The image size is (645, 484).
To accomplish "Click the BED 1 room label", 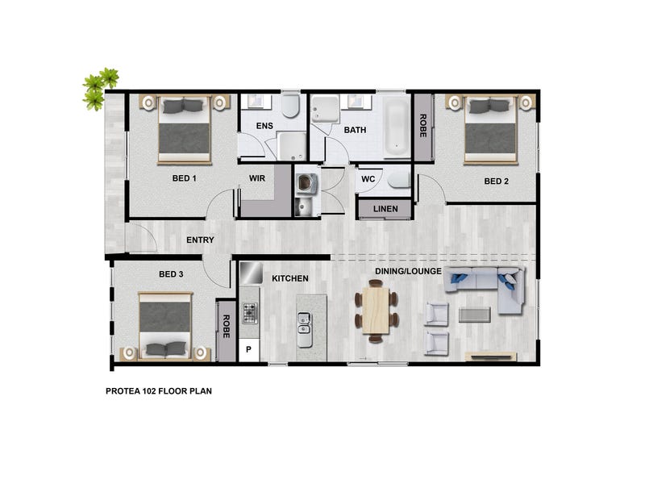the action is pos(185,178).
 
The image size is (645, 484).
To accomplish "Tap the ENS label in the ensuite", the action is pos(264,126).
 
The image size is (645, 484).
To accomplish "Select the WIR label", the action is pos(257,178).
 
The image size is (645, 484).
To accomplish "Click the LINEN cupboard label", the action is pos(385,209).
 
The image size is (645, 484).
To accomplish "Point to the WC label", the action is pos(368,179).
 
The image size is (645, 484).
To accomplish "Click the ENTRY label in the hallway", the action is pos(200,240).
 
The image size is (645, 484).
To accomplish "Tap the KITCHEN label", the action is pos(290,278).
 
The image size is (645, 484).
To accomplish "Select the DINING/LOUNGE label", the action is pos(408,271).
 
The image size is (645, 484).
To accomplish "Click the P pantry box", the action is pos(249,350).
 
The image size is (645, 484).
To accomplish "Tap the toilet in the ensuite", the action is pos(290,106).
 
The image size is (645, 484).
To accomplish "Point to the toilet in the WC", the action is pos(399,180).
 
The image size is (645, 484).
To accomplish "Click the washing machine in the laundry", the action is pos(306,183).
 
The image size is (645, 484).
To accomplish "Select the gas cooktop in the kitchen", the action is pos(250,313).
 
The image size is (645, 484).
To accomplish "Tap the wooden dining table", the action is pos(376,311).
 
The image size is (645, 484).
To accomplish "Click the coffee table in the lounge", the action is pos(474,315).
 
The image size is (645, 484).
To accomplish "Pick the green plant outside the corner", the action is pos(99,88).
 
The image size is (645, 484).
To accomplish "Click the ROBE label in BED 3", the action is pos(226,327).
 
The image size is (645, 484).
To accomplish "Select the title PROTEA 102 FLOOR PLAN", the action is pos(159,391).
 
